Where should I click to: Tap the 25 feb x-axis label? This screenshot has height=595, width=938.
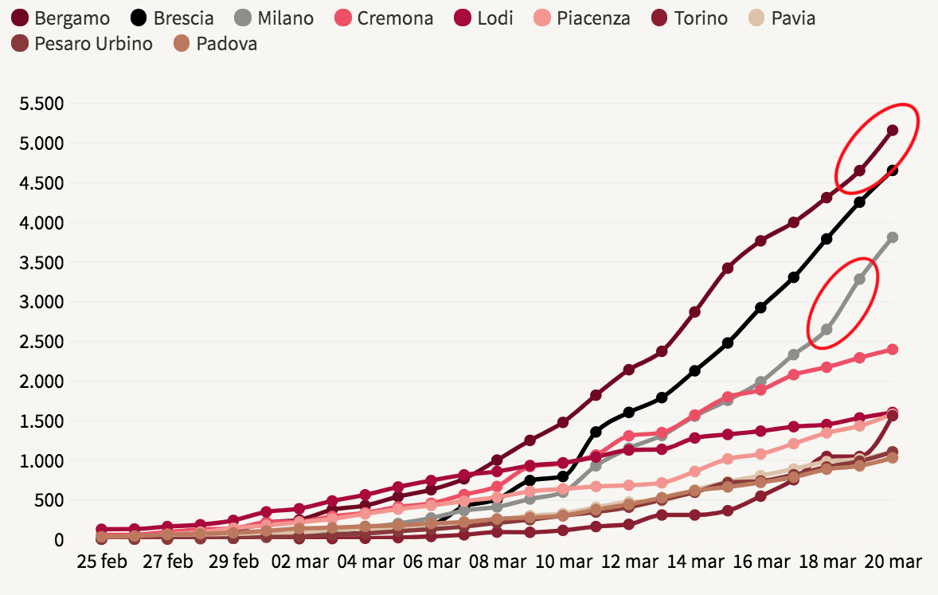click(102, 562)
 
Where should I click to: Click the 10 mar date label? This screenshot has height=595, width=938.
click(564, 562)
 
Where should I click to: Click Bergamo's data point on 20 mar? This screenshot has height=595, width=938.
click(893, 130)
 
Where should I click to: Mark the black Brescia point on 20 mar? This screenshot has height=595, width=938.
click(893, 170)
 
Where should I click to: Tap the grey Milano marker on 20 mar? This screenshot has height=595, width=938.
click(893, 237)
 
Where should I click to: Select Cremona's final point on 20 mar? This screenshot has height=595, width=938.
click(893, 349)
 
